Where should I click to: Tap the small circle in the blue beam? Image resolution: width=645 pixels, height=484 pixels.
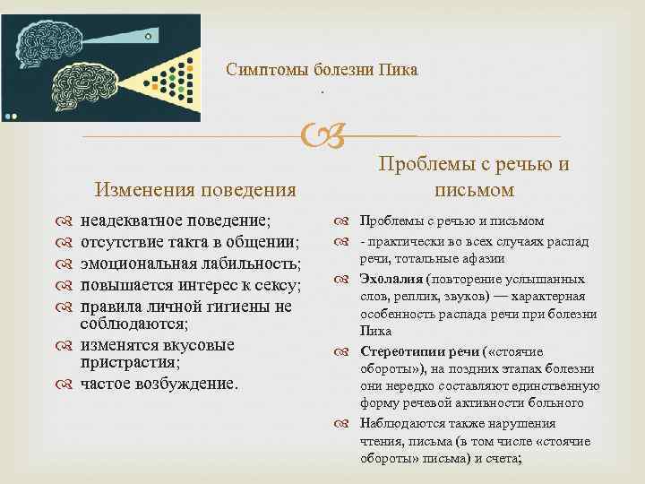click(149, 35)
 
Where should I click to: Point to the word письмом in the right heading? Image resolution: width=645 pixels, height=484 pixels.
click(474, 189)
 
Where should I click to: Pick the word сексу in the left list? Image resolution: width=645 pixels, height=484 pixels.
click(274, 285)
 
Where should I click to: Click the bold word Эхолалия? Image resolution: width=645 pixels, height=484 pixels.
click(391, 278)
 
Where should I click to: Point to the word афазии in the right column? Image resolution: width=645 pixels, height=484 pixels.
click(482, 258)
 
